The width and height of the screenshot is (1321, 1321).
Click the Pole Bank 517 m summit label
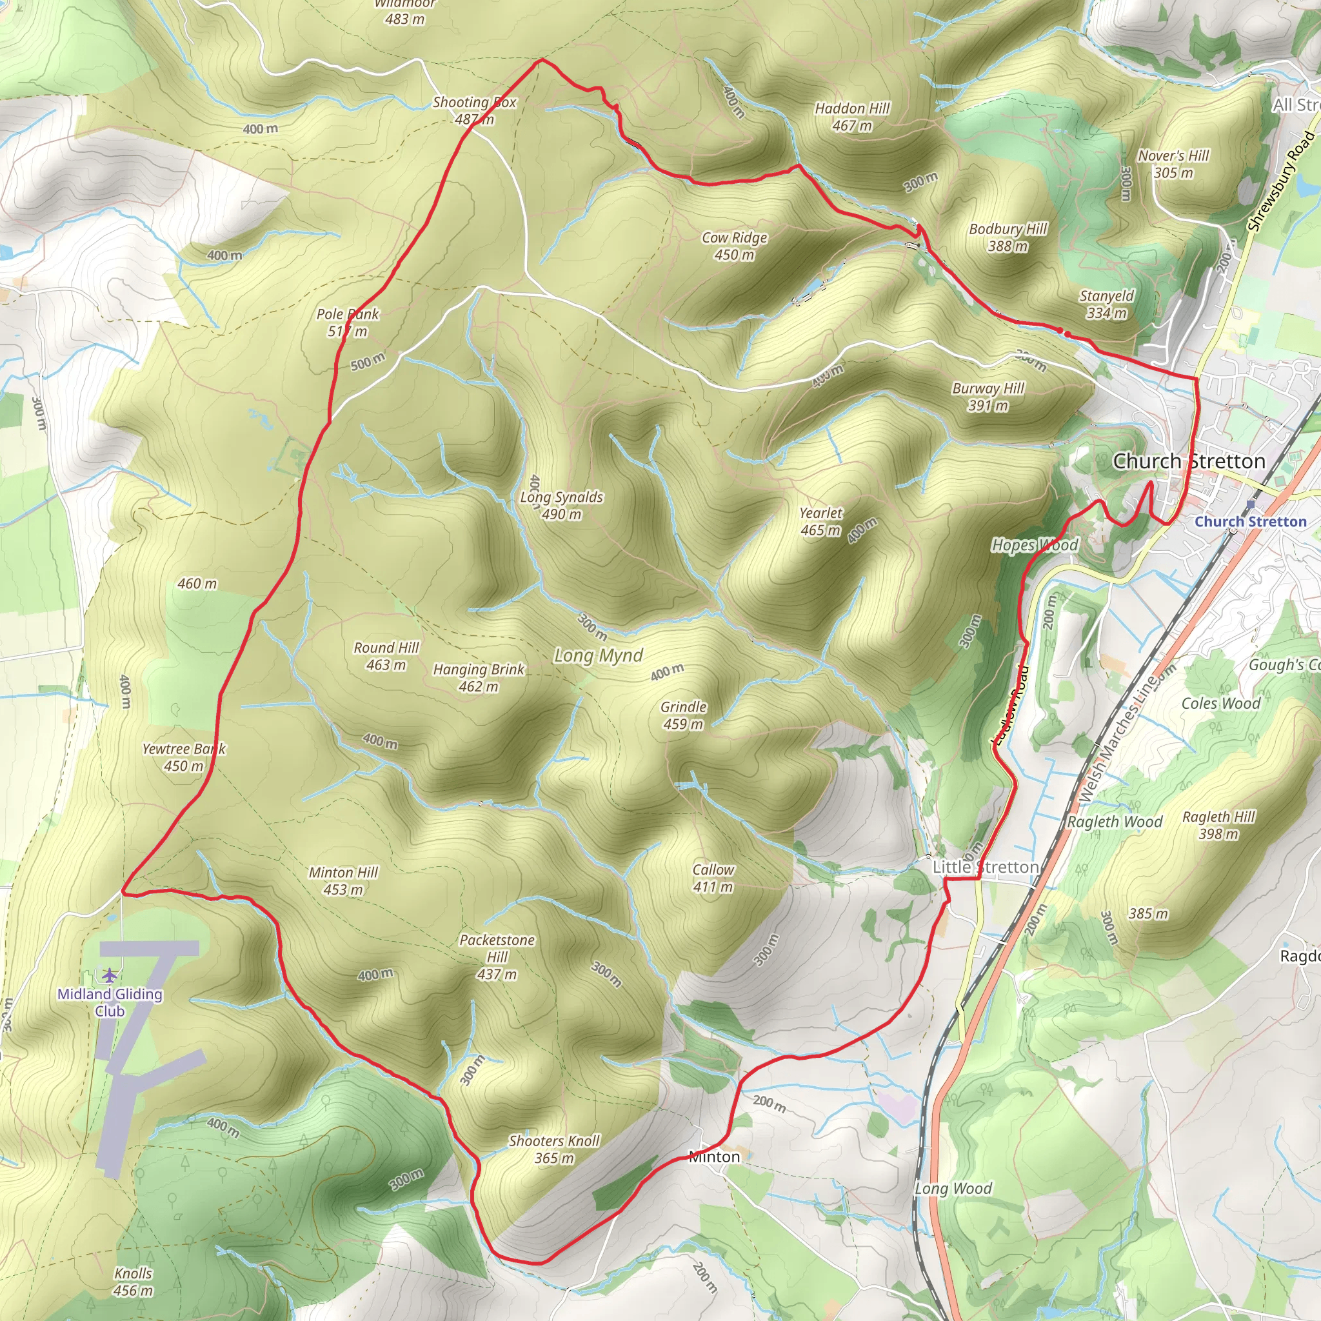(348, 323)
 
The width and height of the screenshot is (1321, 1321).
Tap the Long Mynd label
(599, 656)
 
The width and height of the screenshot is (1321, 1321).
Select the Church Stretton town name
(1189, 462)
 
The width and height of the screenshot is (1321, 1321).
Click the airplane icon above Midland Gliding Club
(110, 973)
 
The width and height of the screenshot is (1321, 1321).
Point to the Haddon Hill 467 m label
(852, 117)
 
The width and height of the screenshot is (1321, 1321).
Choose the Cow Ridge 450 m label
(734, 246)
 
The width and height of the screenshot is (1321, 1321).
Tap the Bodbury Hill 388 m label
(1008, 237)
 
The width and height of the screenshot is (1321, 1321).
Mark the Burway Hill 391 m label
(988, 397)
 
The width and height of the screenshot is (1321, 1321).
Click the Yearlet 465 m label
(820, 522)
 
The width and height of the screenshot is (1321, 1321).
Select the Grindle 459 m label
(683, 715)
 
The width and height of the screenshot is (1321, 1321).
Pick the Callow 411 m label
(713, 878)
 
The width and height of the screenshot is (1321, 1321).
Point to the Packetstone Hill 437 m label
(497, 957)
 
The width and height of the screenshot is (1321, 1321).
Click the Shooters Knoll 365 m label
(554, 1149)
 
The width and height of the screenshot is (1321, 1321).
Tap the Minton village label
(714, 1157)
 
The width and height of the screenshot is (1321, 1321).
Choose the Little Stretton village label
(986, 867)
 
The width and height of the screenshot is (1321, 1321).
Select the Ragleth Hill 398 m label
(1218, 824)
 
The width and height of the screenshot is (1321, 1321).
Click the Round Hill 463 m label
(386, 656)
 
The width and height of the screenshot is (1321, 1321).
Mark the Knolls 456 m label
(134, 1282)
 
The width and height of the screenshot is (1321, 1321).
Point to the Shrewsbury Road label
(1280, 181)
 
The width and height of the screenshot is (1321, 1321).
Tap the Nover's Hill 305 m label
(1173, 164)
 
